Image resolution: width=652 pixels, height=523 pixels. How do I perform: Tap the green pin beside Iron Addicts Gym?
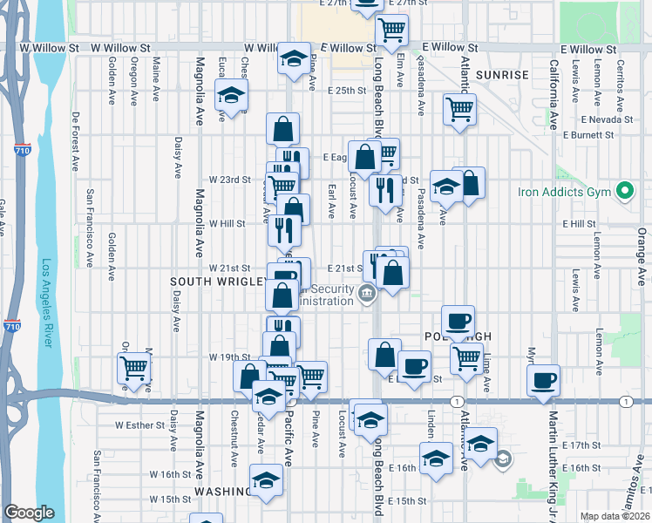(624, 190)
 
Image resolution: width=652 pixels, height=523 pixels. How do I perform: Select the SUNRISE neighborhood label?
(502, 75)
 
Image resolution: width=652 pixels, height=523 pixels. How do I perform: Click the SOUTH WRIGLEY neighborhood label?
(218, 282)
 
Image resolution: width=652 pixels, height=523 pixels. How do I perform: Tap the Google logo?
(29, 513)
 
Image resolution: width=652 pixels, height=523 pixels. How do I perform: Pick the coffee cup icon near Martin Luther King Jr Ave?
(544, 380)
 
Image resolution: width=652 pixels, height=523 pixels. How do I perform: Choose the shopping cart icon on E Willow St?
(392, 30)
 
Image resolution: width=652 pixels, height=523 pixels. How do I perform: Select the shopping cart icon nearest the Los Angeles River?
(133, 368)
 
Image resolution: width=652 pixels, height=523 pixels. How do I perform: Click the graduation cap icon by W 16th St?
(267, 479)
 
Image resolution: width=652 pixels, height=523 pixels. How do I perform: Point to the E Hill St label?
(579, 224)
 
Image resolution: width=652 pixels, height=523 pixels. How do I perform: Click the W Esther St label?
(140, 425)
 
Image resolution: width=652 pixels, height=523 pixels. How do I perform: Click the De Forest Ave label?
(77, 139)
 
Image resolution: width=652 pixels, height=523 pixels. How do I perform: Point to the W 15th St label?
(169, 499)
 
